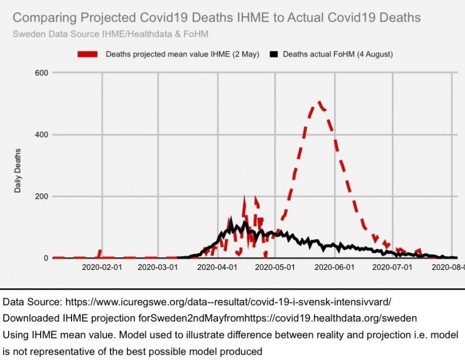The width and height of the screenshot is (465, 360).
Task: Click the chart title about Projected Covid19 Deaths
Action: (x=216, y=18)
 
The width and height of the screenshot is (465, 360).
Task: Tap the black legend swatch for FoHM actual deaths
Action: (x=274, y=54)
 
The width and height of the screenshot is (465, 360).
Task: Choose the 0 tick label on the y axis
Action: (x=45, y=258)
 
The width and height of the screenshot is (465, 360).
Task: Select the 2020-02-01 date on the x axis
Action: (x=102, y=268)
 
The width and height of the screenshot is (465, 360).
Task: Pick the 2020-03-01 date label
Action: (x=160, y=268)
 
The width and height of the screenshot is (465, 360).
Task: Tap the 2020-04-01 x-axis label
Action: (x=219, y=268)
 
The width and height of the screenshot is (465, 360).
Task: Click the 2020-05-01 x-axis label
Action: (x=277, y=268)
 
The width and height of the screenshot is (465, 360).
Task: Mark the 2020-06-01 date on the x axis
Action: (x=335, y=268)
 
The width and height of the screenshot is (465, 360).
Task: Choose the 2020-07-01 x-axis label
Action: (x=393, y=268)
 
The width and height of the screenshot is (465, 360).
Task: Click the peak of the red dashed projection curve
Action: (x=319, y=103)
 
